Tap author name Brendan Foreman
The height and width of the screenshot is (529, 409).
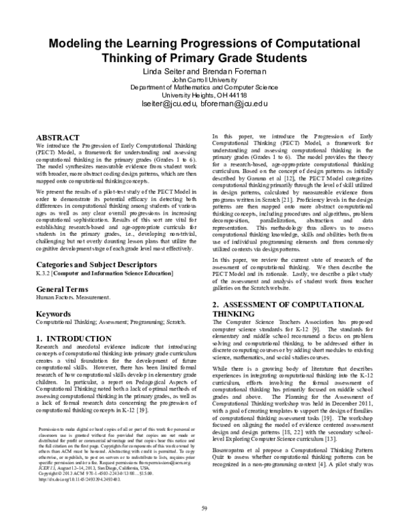click(234, 71)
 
